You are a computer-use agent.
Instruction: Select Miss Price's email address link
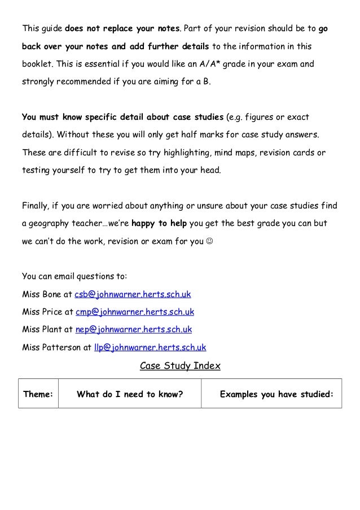coord(135,312)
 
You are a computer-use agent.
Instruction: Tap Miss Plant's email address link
coord(134,329)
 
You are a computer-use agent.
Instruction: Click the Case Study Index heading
coord(179,366)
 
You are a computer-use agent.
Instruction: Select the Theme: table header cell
coord(38,394)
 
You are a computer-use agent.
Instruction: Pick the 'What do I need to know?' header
coord(130,394)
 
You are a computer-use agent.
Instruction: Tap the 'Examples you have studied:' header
coord(276,394)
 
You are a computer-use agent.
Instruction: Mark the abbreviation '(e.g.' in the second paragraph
coord(235,117)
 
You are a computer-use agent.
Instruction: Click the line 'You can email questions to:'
coord(74,276)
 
